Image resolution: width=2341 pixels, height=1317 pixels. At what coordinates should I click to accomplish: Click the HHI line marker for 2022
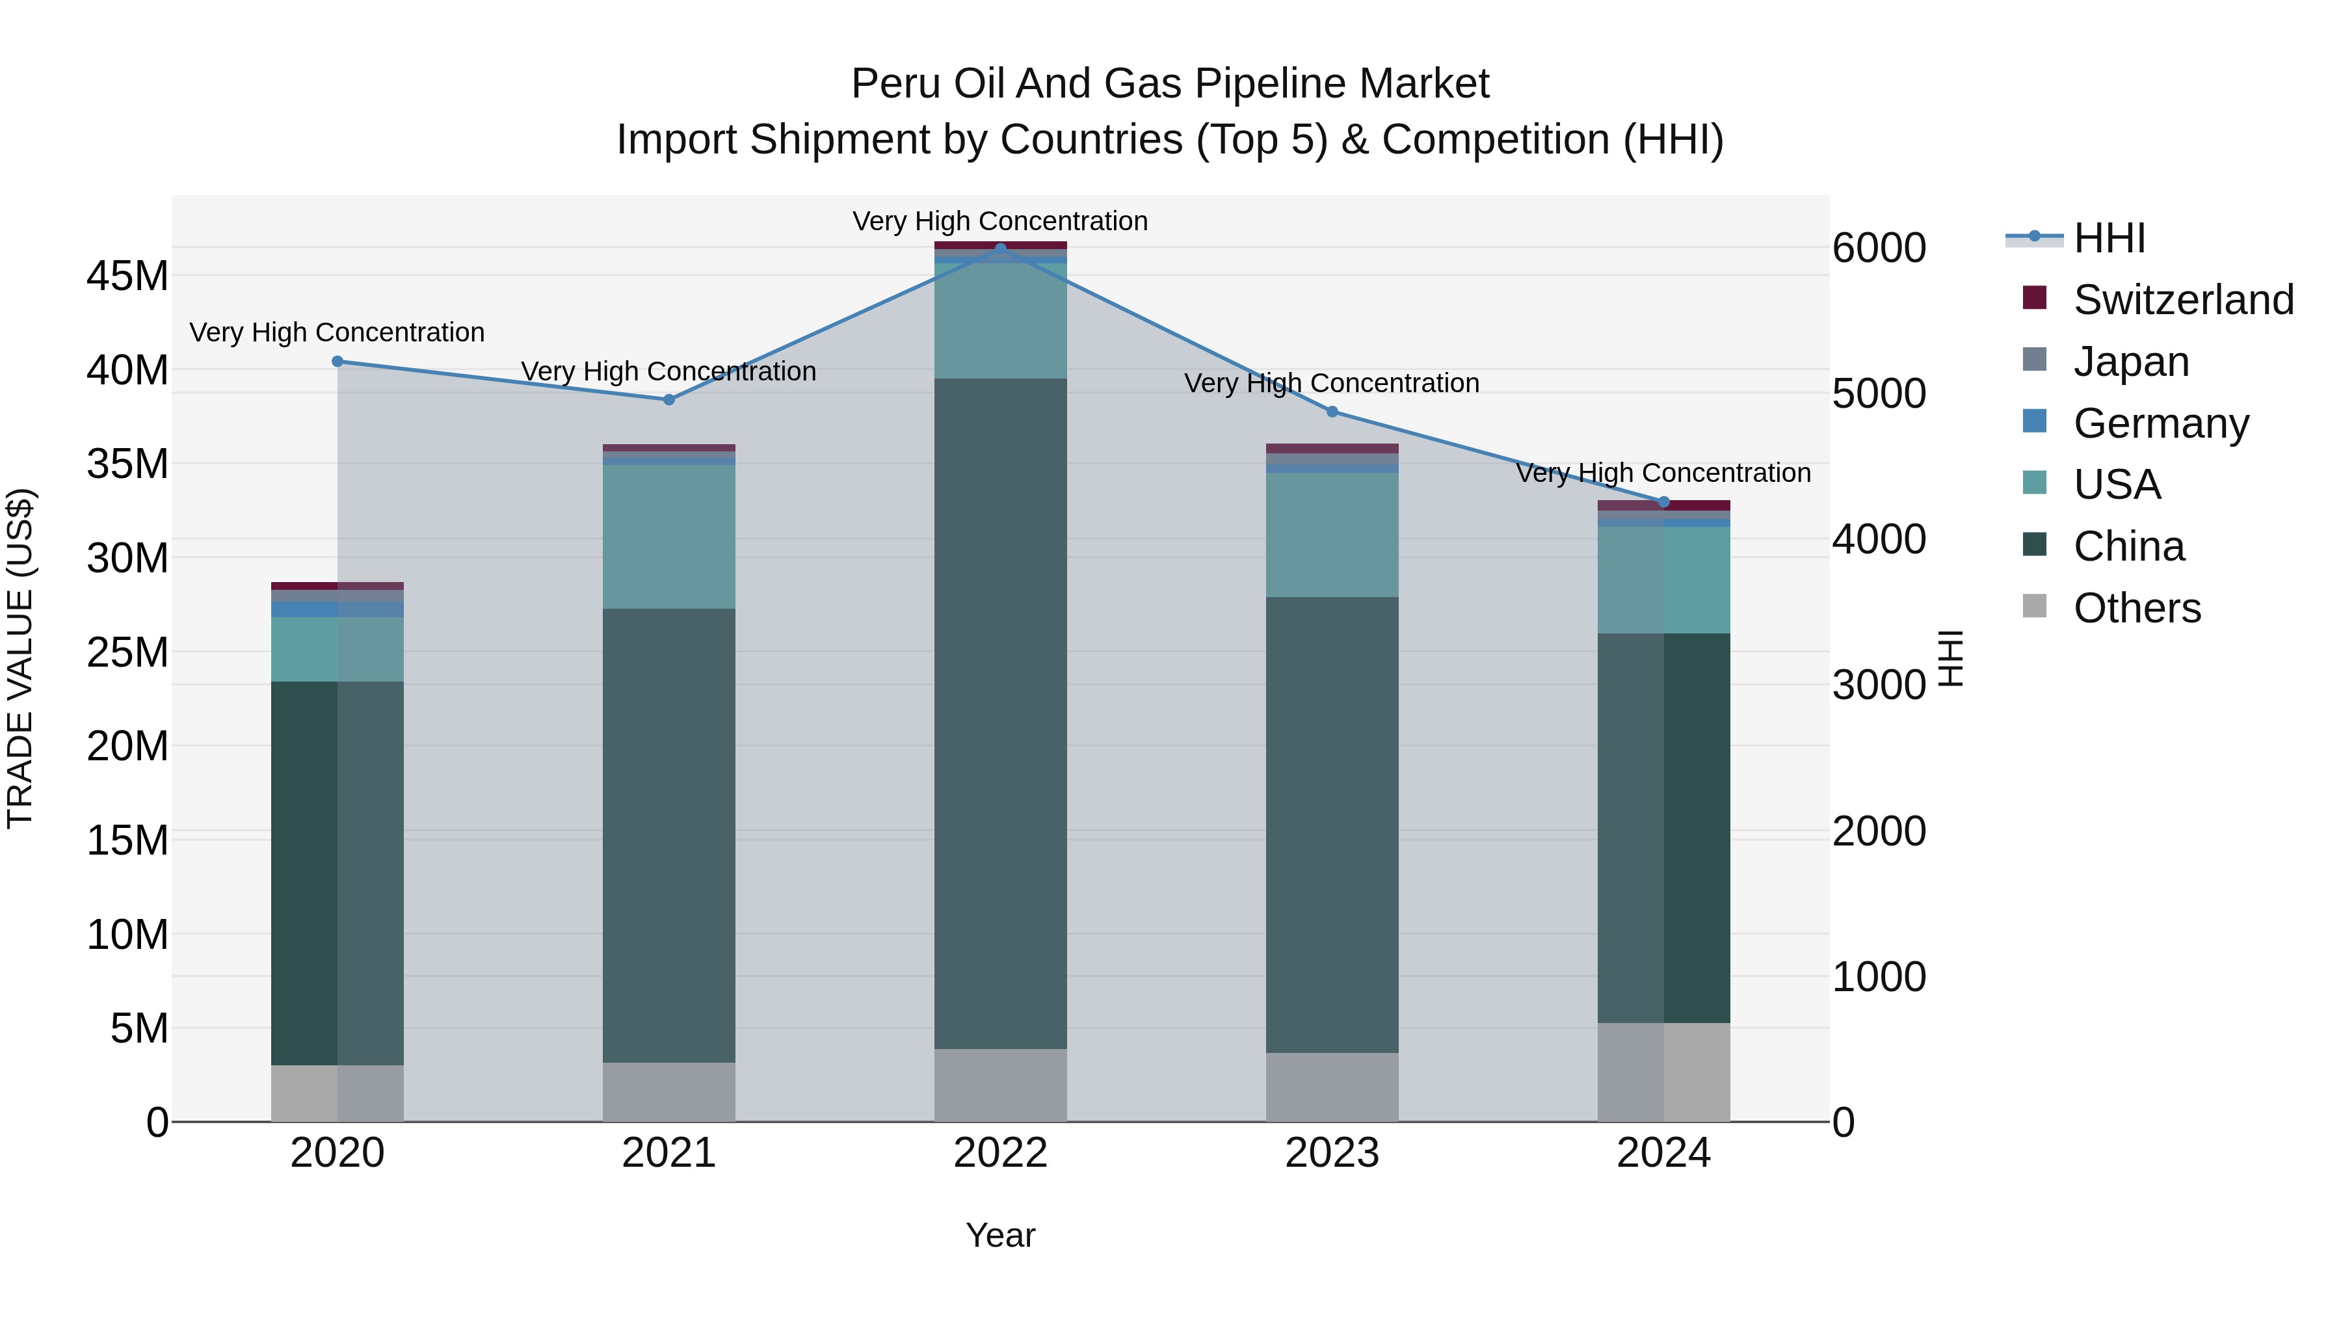click(1001, 248)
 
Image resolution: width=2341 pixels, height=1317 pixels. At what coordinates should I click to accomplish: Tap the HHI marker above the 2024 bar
click(1664, 501)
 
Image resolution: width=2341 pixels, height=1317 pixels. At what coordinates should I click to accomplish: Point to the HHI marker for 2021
click(669, 399)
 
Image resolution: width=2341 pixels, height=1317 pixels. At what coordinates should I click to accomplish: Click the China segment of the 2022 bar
click(1001, 713)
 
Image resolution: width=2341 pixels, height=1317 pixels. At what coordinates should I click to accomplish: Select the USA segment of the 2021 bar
click(669, 537)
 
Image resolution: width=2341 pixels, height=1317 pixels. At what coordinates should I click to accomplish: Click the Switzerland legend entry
click(2183, 299)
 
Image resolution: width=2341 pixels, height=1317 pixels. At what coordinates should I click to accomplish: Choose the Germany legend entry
click(2160, 423)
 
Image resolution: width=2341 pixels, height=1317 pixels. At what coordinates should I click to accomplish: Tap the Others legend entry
click(2137, 607)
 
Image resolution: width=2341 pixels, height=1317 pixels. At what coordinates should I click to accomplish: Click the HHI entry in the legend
click(2108, 237)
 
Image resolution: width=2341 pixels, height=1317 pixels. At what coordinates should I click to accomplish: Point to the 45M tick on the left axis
click(127, 275)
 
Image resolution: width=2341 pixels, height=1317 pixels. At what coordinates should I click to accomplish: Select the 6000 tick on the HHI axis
click(1879, 248)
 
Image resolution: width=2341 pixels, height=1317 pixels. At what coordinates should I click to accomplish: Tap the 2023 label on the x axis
click(1332, 1153)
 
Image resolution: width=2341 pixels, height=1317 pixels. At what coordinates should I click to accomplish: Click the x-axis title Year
click(1001, 1235)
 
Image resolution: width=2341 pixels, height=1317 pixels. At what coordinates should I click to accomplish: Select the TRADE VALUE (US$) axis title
click(20, 658)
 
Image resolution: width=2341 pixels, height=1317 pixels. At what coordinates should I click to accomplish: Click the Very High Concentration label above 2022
click(1001, 221)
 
